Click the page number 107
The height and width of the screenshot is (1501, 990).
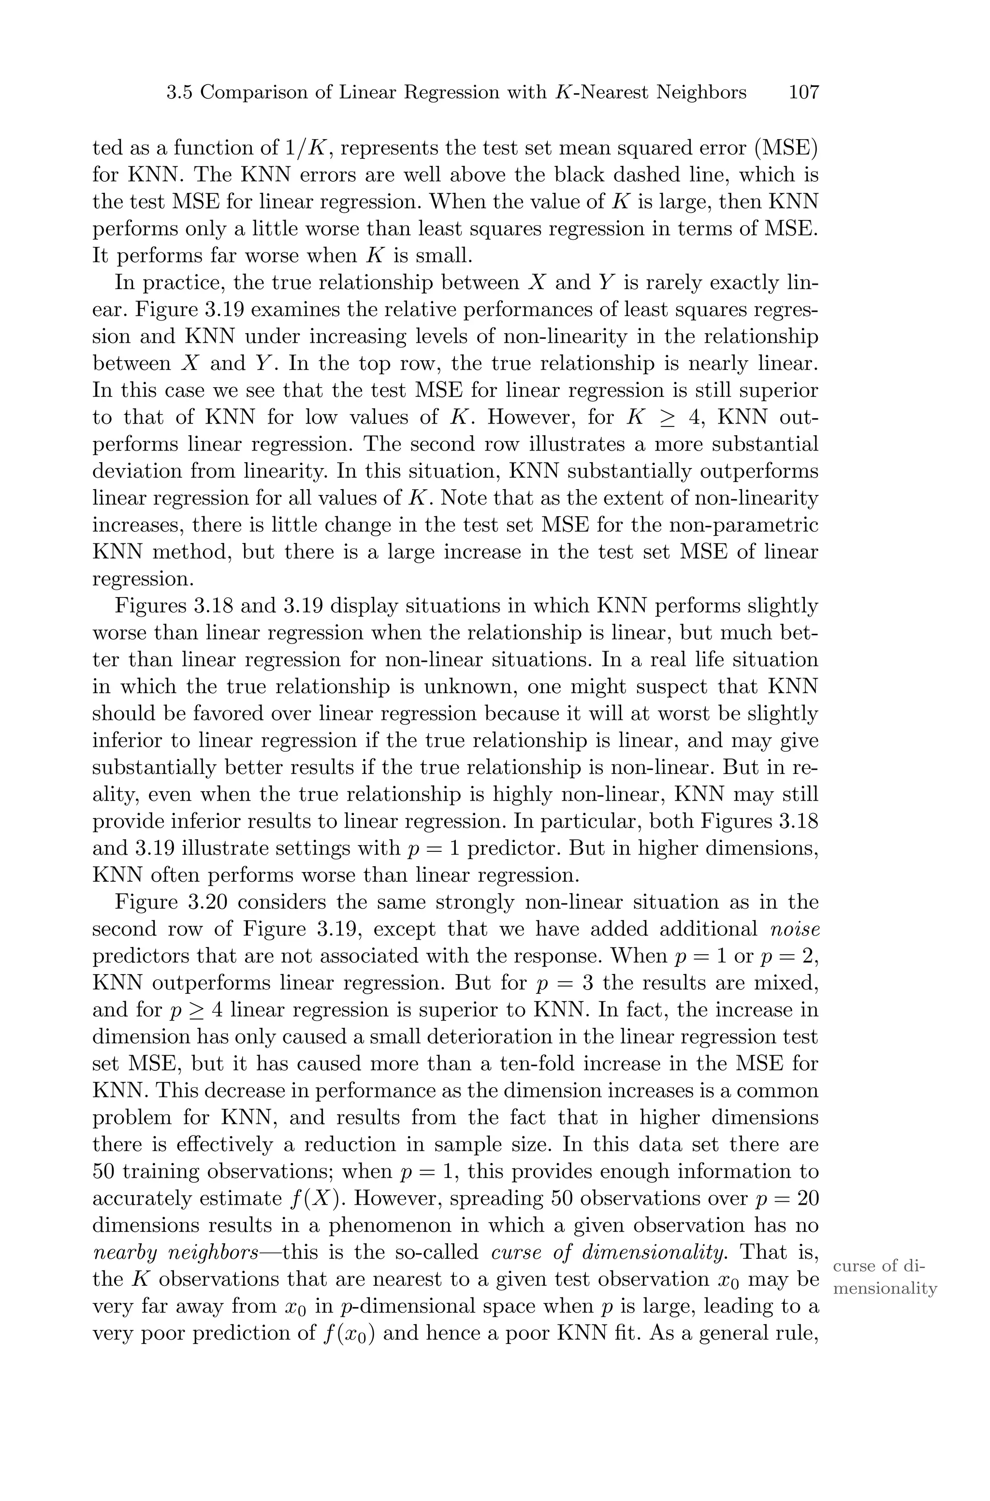pos(803,93)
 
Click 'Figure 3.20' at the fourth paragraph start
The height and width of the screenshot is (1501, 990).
pos(171,902)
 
